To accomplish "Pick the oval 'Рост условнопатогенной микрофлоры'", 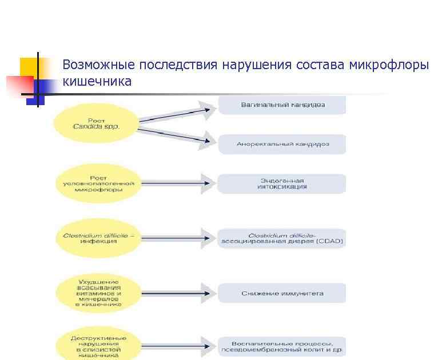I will tap(98, 183).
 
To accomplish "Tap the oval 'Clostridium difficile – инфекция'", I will tap(98, 237).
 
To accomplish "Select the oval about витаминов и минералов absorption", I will tap(98, 293).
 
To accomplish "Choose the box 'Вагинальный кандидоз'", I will tap(282, 105).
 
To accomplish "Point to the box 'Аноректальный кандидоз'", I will tap(282, 144).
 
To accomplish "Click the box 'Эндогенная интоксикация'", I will tap(282, 183).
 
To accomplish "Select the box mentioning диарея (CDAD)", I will tap(282, 238).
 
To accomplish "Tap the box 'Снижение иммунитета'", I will tap(282, 293).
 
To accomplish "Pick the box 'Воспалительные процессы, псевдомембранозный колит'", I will tap(282, 346).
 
